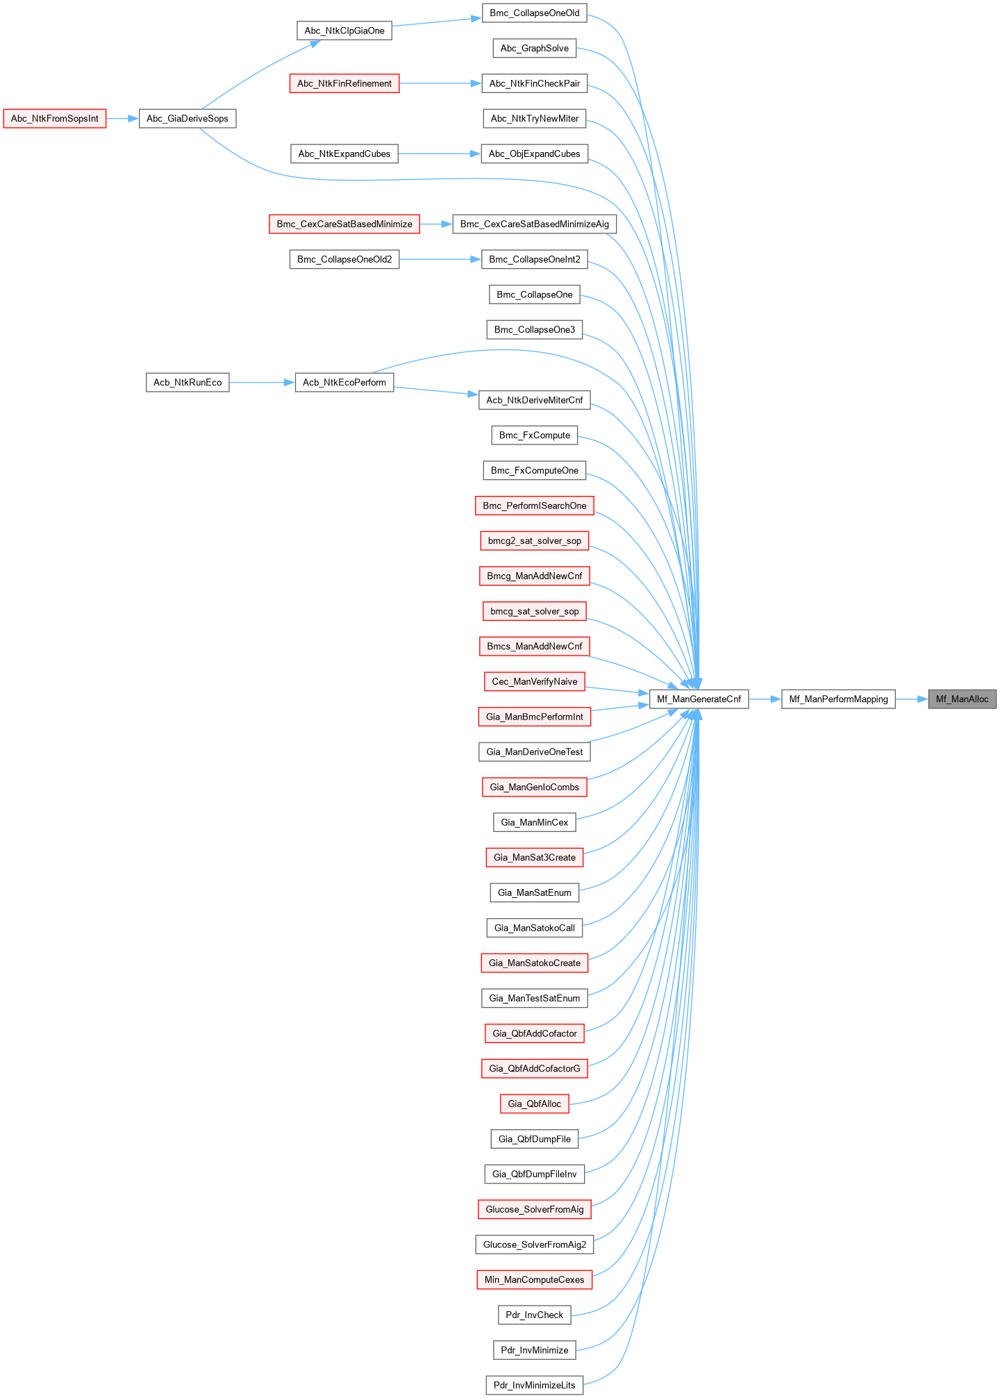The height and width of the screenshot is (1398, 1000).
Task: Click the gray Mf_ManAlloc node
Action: [962, 699]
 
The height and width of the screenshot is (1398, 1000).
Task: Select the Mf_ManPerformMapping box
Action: [838, 699]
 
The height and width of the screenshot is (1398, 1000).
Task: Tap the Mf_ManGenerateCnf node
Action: [699, 699]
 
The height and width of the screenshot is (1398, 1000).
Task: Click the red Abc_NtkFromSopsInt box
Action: [55, 119]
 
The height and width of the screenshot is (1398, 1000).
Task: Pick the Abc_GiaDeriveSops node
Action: [187, 119]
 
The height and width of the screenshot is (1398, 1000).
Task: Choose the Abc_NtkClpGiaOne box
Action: [344, 31]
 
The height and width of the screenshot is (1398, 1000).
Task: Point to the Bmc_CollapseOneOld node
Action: [535, 13]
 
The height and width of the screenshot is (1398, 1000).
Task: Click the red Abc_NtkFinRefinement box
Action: [344, 83]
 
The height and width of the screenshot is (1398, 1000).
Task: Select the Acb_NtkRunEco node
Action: [187, 383]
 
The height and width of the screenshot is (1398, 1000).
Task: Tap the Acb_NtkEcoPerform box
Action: [344, 383]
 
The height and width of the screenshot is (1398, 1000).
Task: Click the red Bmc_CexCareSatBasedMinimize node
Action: [344, 224]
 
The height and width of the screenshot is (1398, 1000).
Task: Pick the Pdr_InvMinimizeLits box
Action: [535, 1385]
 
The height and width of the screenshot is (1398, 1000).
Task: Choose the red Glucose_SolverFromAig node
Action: [535, 1209]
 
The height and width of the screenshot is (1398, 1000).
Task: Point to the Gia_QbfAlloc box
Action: [535, 1104]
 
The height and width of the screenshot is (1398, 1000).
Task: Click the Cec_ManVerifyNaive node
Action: [535, 681]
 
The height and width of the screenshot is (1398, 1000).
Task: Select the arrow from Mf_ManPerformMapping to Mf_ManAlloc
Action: [912, 699]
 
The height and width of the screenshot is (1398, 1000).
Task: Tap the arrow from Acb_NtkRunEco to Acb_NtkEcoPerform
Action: [262, 383]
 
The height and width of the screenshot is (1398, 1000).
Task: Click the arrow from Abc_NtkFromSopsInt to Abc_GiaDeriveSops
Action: [122, 119]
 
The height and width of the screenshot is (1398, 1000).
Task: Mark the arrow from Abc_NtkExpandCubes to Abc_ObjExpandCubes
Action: [440, 154]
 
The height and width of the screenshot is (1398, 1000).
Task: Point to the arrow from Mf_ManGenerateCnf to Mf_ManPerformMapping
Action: [765, 699]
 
